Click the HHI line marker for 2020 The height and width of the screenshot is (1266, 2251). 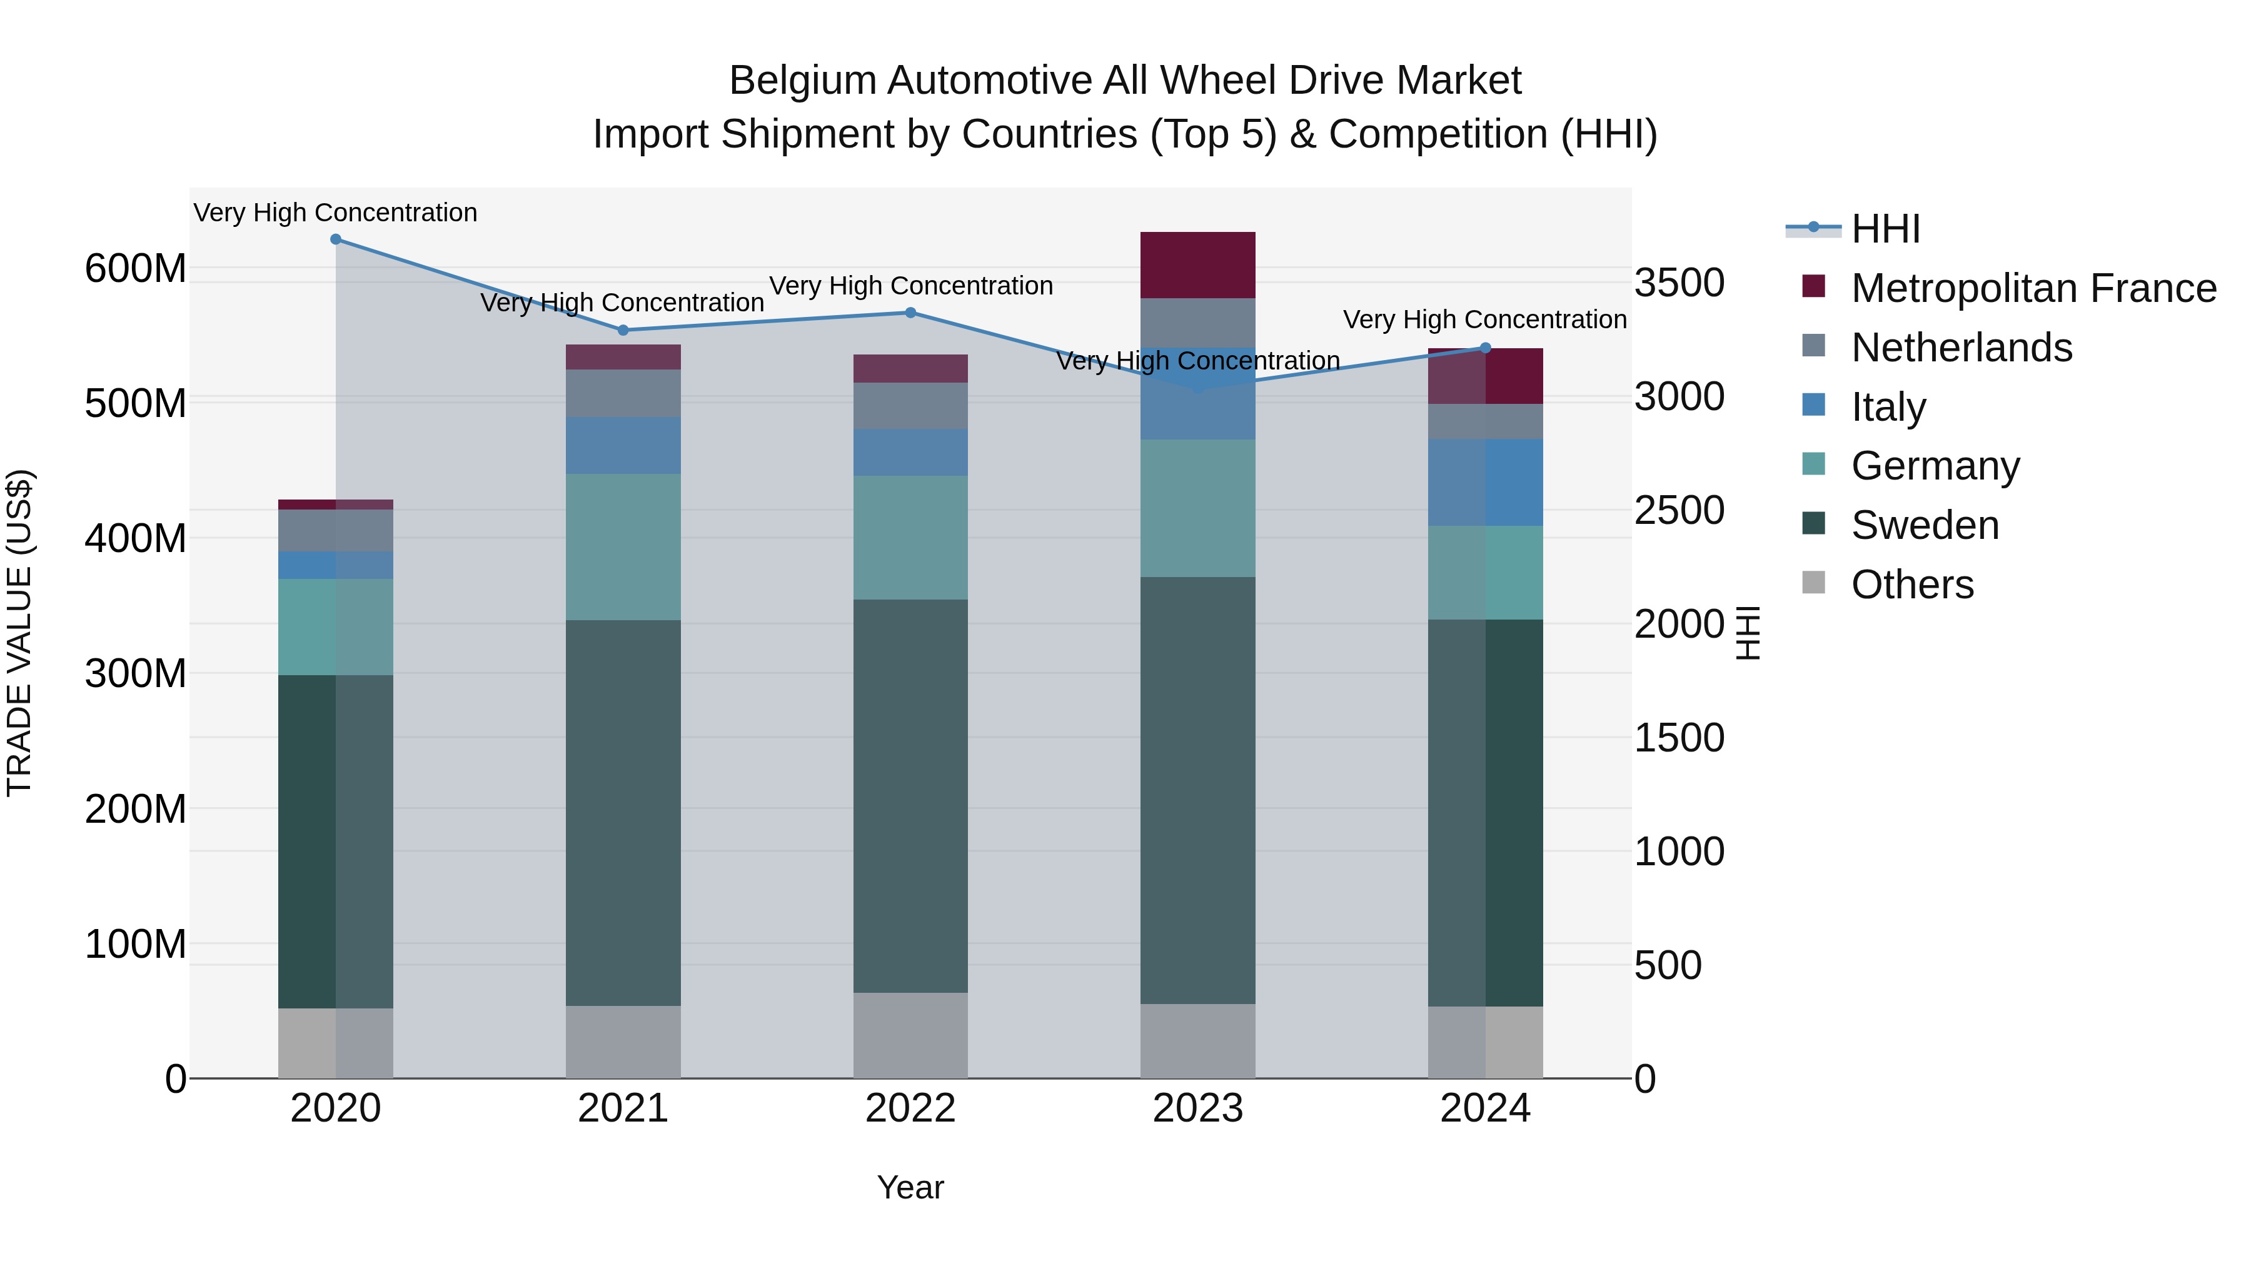(336, 239)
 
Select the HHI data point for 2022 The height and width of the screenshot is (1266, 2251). (910, 313)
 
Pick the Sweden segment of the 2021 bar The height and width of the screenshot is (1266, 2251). (622, 813)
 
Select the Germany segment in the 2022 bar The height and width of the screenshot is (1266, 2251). (910, 537)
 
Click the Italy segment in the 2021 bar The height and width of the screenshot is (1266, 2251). (622, 446)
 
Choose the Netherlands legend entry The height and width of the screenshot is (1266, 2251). (1961, 348)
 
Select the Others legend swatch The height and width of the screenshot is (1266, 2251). (1814, 583)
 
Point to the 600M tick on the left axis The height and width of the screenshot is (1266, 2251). (136, 268)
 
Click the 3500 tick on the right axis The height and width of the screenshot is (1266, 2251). (1679, 283)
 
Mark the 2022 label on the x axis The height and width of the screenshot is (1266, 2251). (910, 1108)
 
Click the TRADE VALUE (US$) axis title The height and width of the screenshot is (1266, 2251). (19, 633)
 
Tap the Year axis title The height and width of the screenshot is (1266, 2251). (910, 1187)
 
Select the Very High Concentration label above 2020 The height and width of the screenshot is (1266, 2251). (336, 213)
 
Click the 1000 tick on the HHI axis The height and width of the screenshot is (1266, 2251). (1679, 852)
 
